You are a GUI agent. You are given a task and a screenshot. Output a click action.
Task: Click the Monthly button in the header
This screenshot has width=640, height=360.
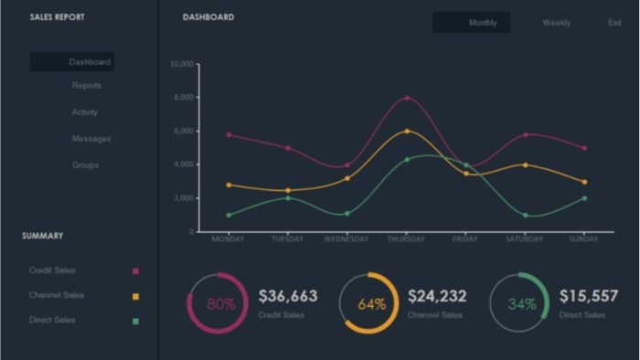tap(471, 23)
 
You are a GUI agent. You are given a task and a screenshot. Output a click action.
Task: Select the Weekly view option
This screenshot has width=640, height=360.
tap(556, 23)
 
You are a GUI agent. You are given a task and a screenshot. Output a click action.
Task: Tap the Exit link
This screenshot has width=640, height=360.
tap(614, 23)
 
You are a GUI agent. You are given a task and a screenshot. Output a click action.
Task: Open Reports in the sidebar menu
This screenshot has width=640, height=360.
tap(87, 86)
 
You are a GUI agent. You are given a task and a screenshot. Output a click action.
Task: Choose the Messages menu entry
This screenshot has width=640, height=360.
tap(91, 139)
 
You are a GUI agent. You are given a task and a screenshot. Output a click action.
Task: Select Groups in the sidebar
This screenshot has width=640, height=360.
tap(85, 165)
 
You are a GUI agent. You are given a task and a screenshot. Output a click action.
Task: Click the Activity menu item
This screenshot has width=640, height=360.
tap(85, 112)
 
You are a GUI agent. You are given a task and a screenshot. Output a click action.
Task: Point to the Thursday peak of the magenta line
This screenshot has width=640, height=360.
tap(407, 98)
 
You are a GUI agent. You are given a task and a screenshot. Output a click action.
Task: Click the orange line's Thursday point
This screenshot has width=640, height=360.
tap(407, 132)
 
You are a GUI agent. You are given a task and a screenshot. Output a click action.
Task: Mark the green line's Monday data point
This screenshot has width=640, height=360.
tap(229, 215)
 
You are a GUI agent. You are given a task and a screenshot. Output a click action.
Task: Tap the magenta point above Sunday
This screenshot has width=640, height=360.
tap(584, 148)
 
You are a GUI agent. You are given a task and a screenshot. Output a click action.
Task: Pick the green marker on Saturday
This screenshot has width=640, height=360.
tap(526, 215)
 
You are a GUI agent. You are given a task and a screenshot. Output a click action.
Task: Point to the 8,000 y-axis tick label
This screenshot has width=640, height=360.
tap(184, 97)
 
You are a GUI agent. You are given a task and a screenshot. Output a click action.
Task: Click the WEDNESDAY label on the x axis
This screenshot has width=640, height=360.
tap(347, 239)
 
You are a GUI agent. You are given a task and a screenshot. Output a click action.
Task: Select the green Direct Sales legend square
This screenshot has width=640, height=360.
tap(136, 322)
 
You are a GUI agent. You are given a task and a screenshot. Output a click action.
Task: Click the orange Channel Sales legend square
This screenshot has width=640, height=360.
tap(136, 296)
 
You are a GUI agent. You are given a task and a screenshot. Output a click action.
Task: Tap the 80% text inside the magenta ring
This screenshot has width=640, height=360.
tap(221, 303)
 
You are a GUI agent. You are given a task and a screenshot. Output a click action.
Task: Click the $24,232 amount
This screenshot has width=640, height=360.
tap(437, 296)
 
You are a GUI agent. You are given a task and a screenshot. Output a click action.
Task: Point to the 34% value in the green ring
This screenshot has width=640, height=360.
tap(522, 303)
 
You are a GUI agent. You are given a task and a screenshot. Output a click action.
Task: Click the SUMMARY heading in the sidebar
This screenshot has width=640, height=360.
tap(42, 236)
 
